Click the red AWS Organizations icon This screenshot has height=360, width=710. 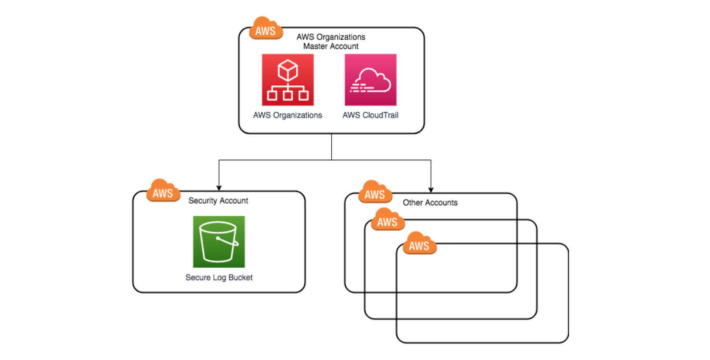click(x=287, y=80)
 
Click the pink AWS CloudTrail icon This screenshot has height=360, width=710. click(x=370, y=80)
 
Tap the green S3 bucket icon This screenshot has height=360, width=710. click(x=219, y=242)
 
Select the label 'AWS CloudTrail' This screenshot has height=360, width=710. click(x=370, y=115)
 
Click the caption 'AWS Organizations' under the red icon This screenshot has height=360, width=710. click(x=287, y=115)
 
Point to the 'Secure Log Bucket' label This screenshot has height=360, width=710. click(x=219, y=277)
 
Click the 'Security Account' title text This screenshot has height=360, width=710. click(x=218, y=201)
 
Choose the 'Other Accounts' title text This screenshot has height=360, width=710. click(x=430, y=203)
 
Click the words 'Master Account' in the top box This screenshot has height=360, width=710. click(x=331, y=46)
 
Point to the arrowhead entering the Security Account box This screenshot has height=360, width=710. click(x=219, y=188)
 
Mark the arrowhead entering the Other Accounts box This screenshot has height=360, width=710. click(x=431, y=190)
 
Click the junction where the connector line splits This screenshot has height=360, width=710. click(x=332, y=160)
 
